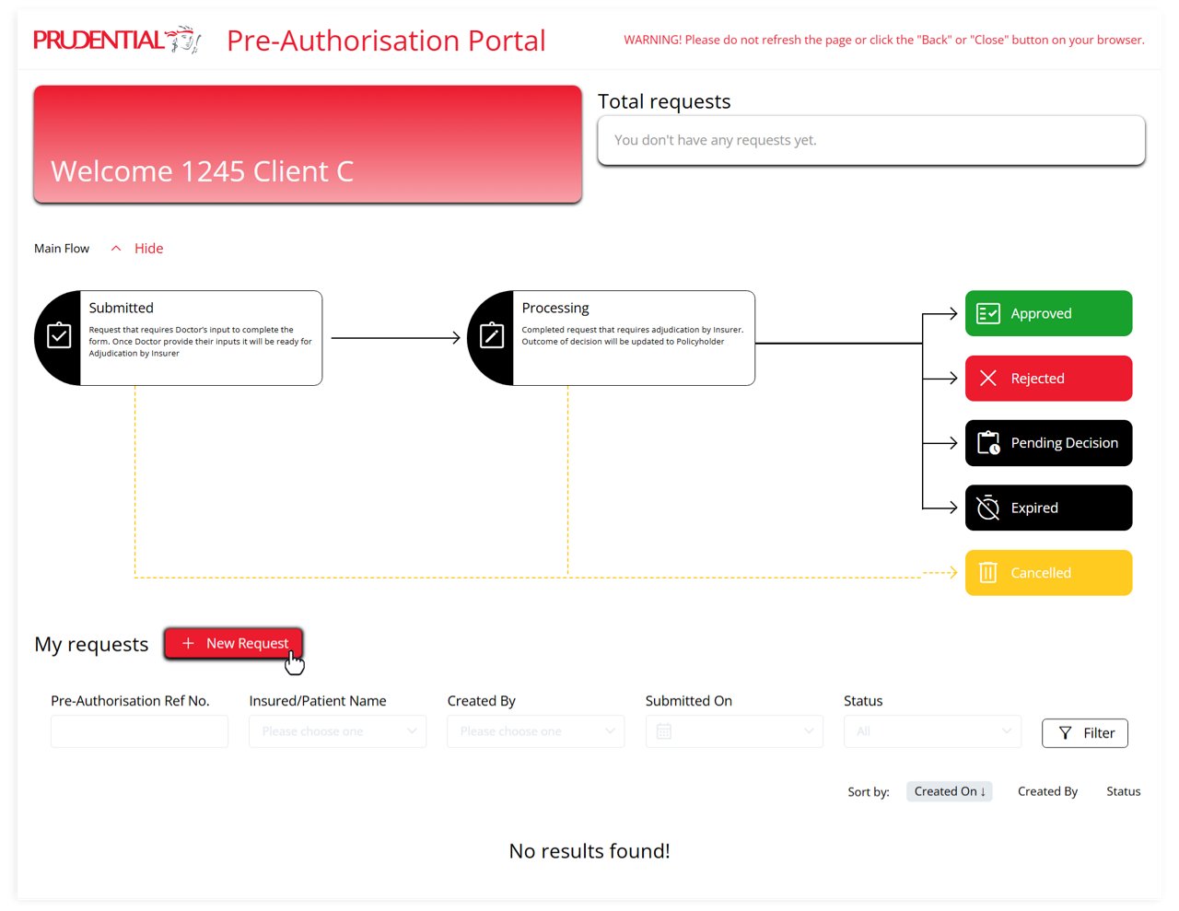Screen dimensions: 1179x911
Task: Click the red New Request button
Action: pos(233,644)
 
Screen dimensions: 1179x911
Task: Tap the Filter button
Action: pos(1085,733)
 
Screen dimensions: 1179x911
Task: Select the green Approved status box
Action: pos(1048,313)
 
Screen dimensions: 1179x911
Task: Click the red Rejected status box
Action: pos(1048,379)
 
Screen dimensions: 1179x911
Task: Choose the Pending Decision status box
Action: pos(1048,443)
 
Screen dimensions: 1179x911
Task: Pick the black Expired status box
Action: pos(1048,508)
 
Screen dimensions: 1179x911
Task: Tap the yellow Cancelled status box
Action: pos(1048,573)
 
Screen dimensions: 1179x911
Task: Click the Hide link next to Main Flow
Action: pos(148,249)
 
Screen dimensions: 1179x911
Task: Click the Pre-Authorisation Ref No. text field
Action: pos(139,731)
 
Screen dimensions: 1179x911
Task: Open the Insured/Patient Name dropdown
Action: pos(337,731)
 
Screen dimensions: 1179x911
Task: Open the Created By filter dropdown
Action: pos(535,731)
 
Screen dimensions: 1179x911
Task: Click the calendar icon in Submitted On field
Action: pos(663,731)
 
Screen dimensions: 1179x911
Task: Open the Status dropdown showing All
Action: pos(932,731)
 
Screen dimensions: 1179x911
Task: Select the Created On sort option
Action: pos(949,791)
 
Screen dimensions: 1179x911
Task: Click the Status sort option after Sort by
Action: pos(1123,791)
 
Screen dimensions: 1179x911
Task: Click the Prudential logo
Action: pos(117,39)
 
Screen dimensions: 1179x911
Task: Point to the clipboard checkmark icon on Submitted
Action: pos(59,335)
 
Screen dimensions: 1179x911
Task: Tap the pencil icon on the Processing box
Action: pos(492,335)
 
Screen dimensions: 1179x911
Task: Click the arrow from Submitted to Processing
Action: pos(395,338)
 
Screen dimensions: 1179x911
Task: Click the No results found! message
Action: pos(589,851)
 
